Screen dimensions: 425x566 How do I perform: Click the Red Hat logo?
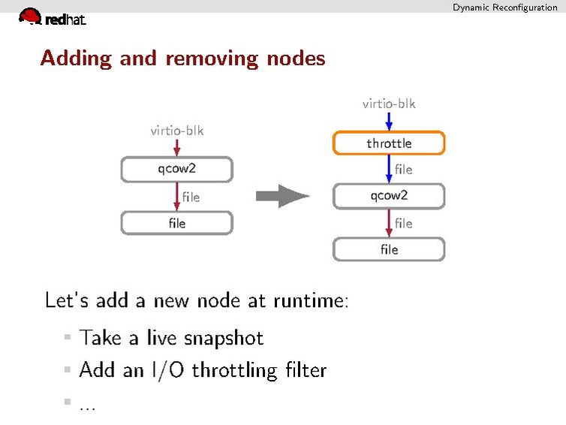pyautogui.click(x=51, y=17)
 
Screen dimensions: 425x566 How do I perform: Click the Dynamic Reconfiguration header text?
pyautogui.click(x=504, y=8)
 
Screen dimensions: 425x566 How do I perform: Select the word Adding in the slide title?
pyautogui.click(x=77, y=59)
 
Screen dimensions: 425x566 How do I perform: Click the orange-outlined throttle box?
pyautogui.click(x=389, y=143)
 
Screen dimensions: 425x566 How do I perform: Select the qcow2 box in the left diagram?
pyautogui.click(x=176, y=169)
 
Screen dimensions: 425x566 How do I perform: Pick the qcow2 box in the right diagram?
pyautogui.click(x=389, y=196)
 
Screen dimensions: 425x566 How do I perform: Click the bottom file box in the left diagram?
pyautogui.click(x=176, y=223)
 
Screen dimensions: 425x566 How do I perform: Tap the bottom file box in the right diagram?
pyautogui.click(x=389, y=249)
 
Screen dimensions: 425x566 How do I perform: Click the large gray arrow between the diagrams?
pyautogui.click(x=282, y=197)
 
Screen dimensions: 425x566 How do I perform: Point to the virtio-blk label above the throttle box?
pyautogui.click(x=389, y=104)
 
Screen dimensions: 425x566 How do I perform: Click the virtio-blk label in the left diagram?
pyautogui.click(x=176, y=131)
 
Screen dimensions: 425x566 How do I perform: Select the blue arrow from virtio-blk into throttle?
pyautogui.click(x=389, y=122)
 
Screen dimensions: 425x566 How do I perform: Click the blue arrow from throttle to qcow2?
pyautogui.click(x=389, y=169)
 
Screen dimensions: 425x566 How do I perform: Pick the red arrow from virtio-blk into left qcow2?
pyautogui.click(x=176, y=147)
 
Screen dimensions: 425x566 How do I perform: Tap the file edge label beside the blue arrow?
pyautogui.click(x=404, y=170)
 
